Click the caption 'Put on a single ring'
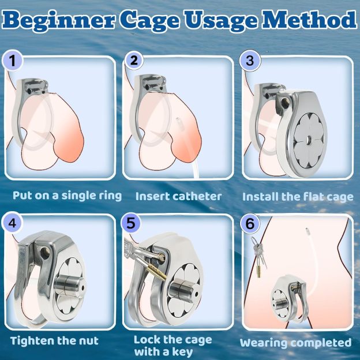click(x=67, y=196)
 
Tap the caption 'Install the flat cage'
click(x=297, y=197)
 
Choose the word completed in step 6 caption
click(x=321, y=343)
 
